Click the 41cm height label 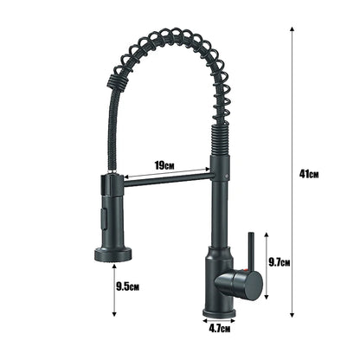(x=309, y=173)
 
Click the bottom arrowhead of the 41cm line (x=292, y=316)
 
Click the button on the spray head (x=108, y=213)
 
